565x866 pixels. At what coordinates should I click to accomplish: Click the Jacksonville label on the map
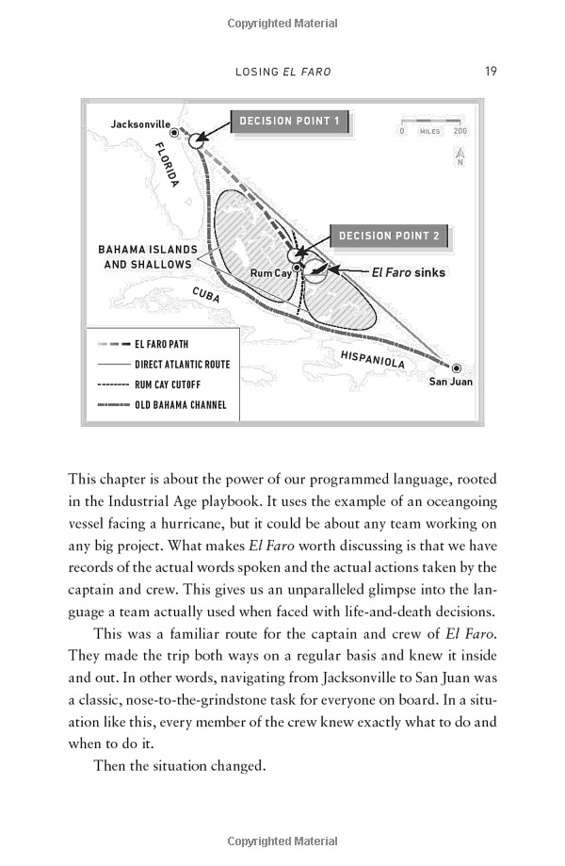[x=140, y=123]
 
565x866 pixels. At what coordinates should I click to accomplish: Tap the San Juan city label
[x=450, y=382]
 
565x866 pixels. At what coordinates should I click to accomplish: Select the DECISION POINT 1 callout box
[x=290, y=121]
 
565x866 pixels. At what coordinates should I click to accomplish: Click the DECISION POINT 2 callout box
[x=389, y=237]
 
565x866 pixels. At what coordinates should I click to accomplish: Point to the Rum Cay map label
[x=270, y=273]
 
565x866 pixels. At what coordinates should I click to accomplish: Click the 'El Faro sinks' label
[x=408, y=272]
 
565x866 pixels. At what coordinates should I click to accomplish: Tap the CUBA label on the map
[x=206, y=295]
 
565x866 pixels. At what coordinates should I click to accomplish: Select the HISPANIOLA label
[x=373, y=358]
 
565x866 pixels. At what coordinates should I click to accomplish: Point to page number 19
[x=491, y=71]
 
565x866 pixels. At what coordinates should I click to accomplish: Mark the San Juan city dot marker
[x=457, y=368]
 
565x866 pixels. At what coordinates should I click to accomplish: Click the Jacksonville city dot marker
[x=174, y=133]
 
